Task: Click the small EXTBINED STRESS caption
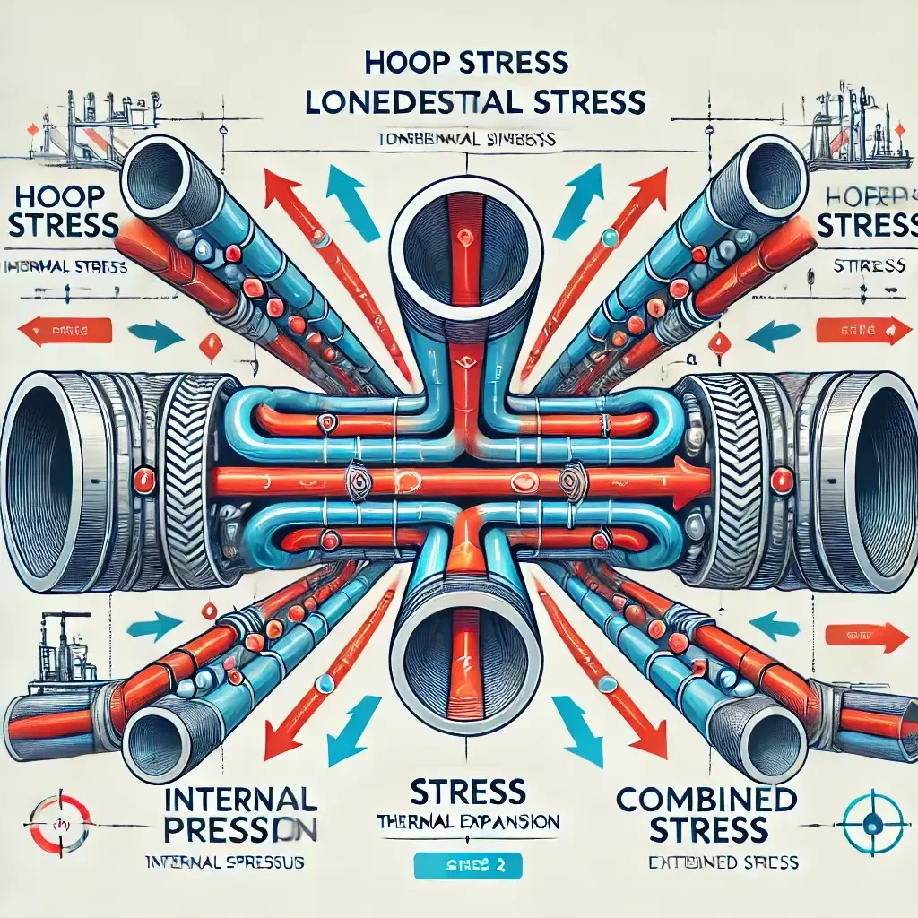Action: pyautogui.click(x=723, y=862)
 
